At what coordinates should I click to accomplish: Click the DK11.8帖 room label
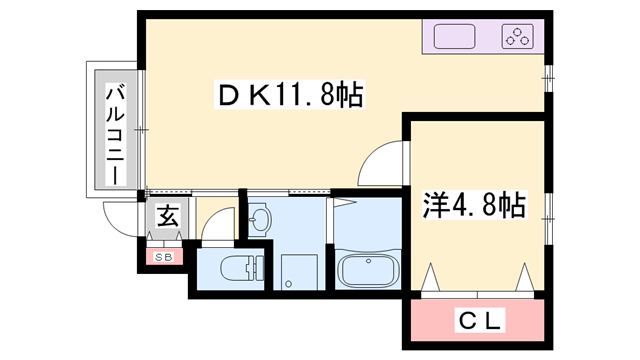(x=289, y=97)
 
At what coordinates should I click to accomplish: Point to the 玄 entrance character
(x=166, y=215)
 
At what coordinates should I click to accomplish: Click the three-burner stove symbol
(x=518, y=38)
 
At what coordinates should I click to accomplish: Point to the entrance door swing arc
(x=118, y=218)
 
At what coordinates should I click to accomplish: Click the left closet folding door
(x=431, y=276)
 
